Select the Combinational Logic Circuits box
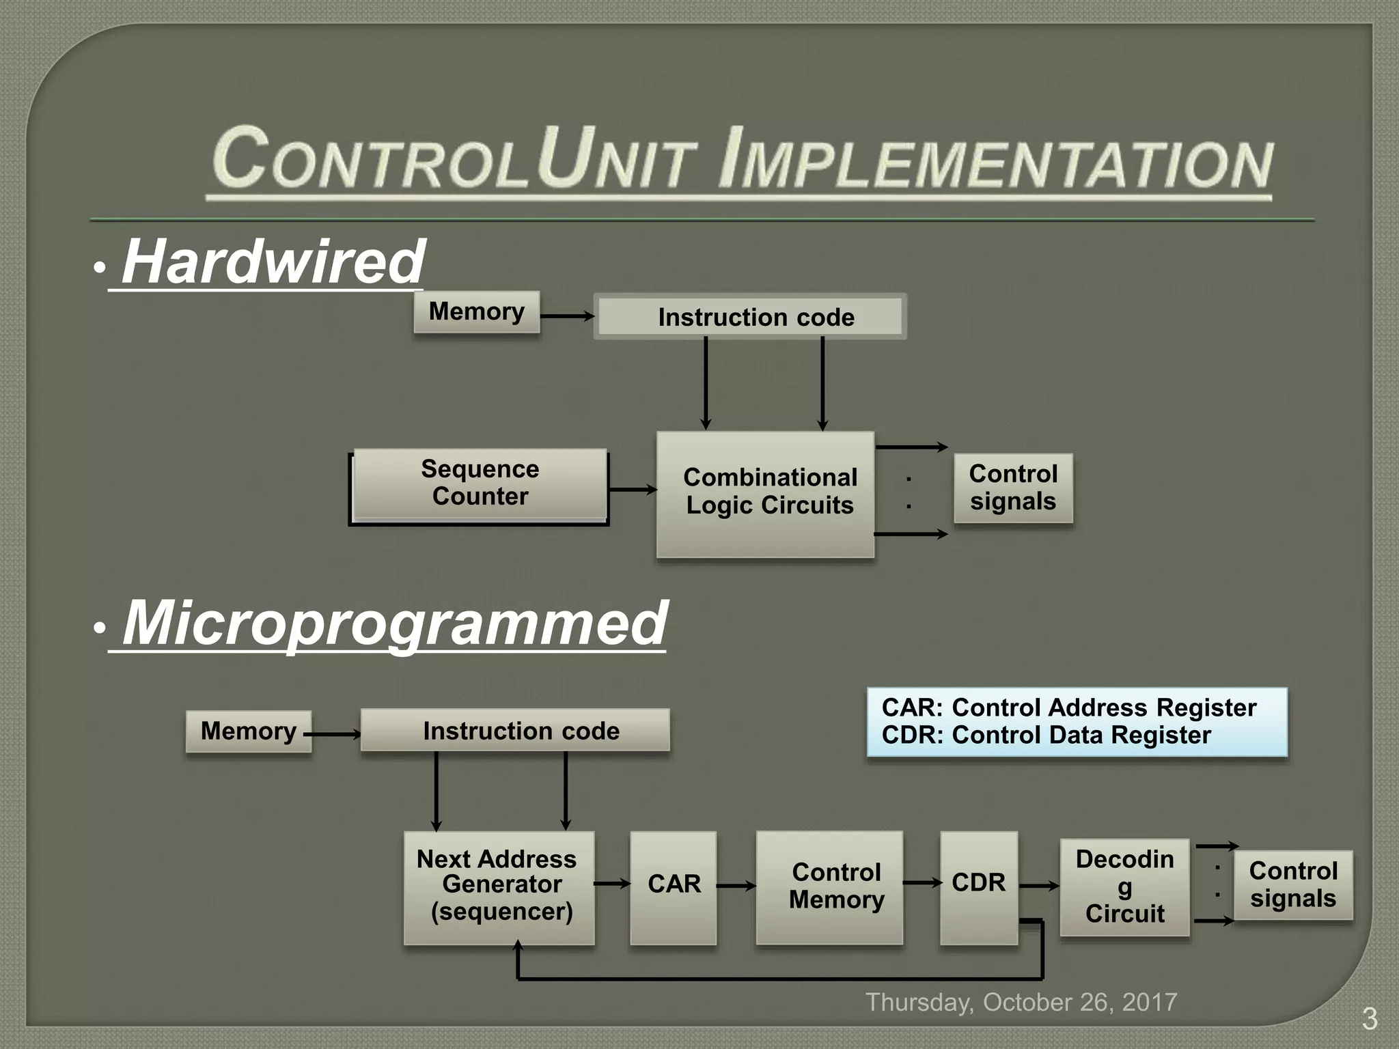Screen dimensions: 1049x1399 [765, 494]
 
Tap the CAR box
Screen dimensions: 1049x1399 [674, 886]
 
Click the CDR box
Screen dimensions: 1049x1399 [978, 886]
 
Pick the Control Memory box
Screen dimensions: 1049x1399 [829, 886]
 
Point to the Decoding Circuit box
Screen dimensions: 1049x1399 [1124, 886]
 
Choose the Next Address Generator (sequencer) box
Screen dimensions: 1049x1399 [499, 886]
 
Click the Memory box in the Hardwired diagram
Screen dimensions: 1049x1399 [476, 311]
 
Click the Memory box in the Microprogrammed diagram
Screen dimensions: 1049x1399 [248, 731]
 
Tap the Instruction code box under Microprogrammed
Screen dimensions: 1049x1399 [515, 730]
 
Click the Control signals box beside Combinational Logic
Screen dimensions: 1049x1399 [1013, 488]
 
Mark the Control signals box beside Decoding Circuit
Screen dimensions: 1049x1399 [1292, 884]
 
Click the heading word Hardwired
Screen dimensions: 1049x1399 [273, 262]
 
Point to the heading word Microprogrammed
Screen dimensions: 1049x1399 [395, 623]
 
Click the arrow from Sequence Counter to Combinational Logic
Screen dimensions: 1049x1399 [631, 489]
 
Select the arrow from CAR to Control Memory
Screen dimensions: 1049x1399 [736, 886]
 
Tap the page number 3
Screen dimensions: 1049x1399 [1369, 1019]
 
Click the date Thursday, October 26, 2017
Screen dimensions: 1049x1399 [1021, 1002]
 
